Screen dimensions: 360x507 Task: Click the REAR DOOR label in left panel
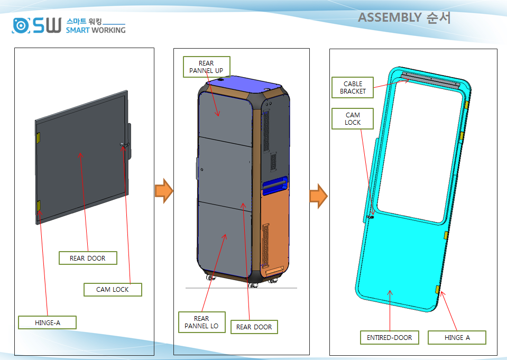pos(88,258)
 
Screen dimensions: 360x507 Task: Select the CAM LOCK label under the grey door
pos(113,289)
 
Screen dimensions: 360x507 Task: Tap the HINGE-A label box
pos(47,322)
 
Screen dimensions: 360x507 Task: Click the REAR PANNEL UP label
pos(206,67)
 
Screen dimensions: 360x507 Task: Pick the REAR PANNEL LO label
pos(201,322)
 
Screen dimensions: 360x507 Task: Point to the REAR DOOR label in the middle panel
pos(254,327)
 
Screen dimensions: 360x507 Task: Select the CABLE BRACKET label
pos(353,87)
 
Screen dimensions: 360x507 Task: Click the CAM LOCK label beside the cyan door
pos(353,118)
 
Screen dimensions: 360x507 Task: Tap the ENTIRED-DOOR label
pos(390,337)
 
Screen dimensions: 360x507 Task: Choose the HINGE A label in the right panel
pos(457,337)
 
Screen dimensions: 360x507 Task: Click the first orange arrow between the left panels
pos(164,191)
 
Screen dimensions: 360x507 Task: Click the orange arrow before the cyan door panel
pos(318,196)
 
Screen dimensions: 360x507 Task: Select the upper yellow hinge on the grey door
pos(39,137)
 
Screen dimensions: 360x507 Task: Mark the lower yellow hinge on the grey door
pos(39,206)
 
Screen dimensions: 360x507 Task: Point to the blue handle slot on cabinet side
pos(275,185)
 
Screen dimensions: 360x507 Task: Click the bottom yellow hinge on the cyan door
pos(438,289)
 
